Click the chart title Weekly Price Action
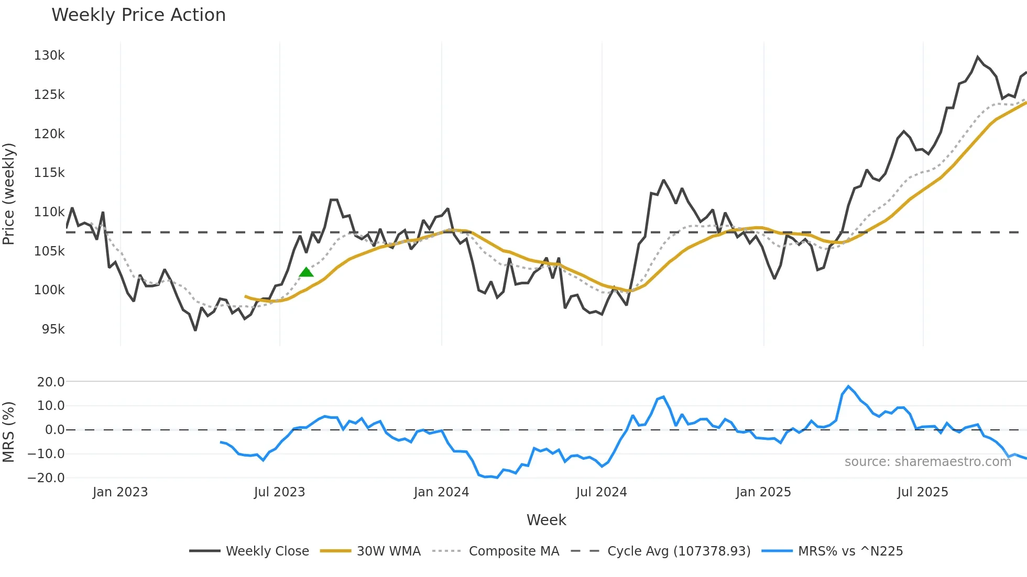pos(138,15)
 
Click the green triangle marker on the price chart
pos(306,272)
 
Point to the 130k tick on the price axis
pos(49,56)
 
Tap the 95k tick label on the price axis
pos(53,329)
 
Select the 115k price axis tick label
pos(49,173)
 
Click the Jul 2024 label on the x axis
pos(601,492)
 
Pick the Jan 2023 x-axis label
pos(120,492)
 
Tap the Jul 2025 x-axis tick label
pos(922,492)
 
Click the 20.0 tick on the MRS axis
pos(51,382)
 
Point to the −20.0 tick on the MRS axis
pos(46,478)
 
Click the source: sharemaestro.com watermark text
pos(927,462)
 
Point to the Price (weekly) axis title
pos(9,194)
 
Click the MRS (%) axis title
pos(9,432)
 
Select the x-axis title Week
pos(546,520)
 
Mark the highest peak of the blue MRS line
pos(848,386)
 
